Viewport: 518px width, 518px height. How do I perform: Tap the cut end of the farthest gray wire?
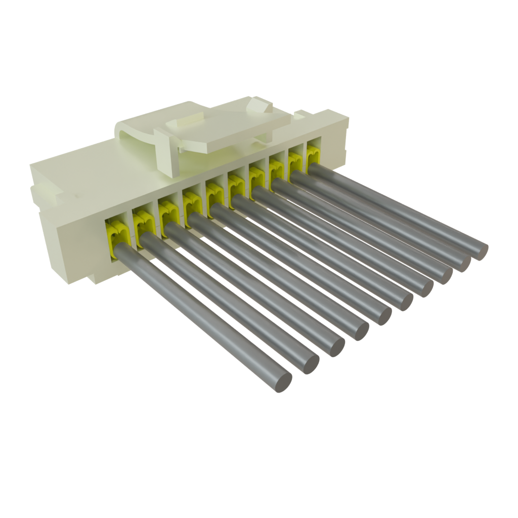point(479,250)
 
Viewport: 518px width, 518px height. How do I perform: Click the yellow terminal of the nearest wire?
point(115,233)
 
